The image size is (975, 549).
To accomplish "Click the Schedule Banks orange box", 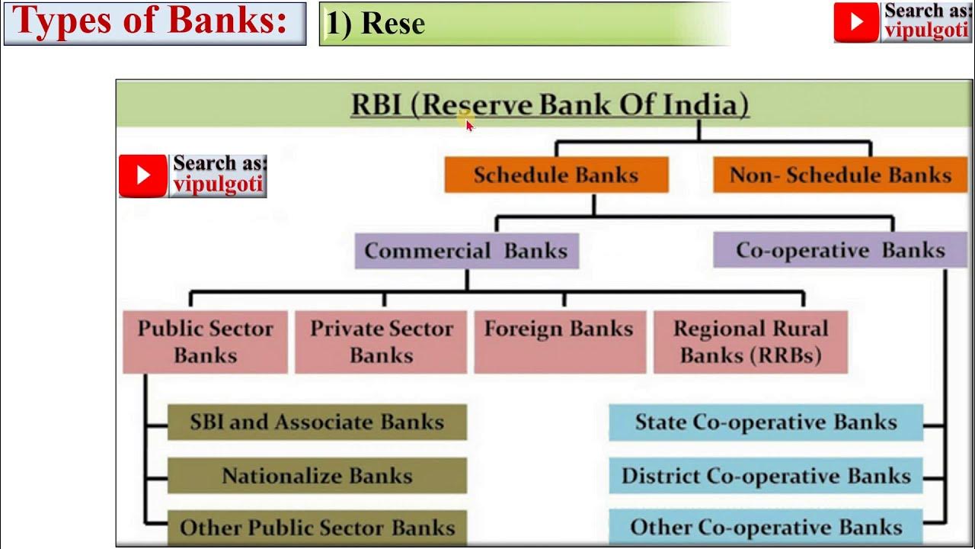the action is (556, 175).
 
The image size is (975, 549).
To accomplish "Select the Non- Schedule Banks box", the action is (840, 175).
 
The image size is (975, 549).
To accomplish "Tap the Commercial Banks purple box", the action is (466, 251).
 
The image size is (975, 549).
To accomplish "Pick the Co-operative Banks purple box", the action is (839, 251).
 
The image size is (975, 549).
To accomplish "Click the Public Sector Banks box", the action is (205, 342).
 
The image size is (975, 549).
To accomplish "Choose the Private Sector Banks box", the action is (381, 342).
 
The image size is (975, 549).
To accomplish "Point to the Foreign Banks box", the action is (559, 342).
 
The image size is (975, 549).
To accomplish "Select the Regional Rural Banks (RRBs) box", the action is (750, 342).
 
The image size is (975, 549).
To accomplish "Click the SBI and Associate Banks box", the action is (317, 422).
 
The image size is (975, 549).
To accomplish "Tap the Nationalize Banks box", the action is (317, 476).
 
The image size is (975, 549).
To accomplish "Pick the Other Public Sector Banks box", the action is (317, 527).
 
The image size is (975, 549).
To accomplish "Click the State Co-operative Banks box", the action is (766, 422).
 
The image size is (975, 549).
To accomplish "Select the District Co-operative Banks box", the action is (766, 476).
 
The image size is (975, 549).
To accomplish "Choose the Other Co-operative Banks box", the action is (766, 527).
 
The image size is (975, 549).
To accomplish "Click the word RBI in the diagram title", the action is (376, 104).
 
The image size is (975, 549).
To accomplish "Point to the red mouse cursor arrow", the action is (469, 125).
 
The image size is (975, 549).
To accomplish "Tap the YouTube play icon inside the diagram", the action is (143, 175).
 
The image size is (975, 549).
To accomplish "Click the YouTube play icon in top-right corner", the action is (856, 22).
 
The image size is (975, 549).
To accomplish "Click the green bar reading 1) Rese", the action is (524, 24).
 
